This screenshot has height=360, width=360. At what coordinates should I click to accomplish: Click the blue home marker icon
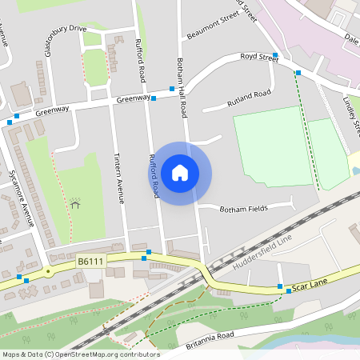[x=180, y=172]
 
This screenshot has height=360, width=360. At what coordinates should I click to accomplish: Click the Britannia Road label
[x=212, y=341]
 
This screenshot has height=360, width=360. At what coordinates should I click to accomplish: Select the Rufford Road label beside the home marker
[x=153, y=176]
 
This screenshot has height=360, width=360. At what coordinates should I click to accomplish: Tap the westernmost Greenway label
[x=52, y=113]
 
